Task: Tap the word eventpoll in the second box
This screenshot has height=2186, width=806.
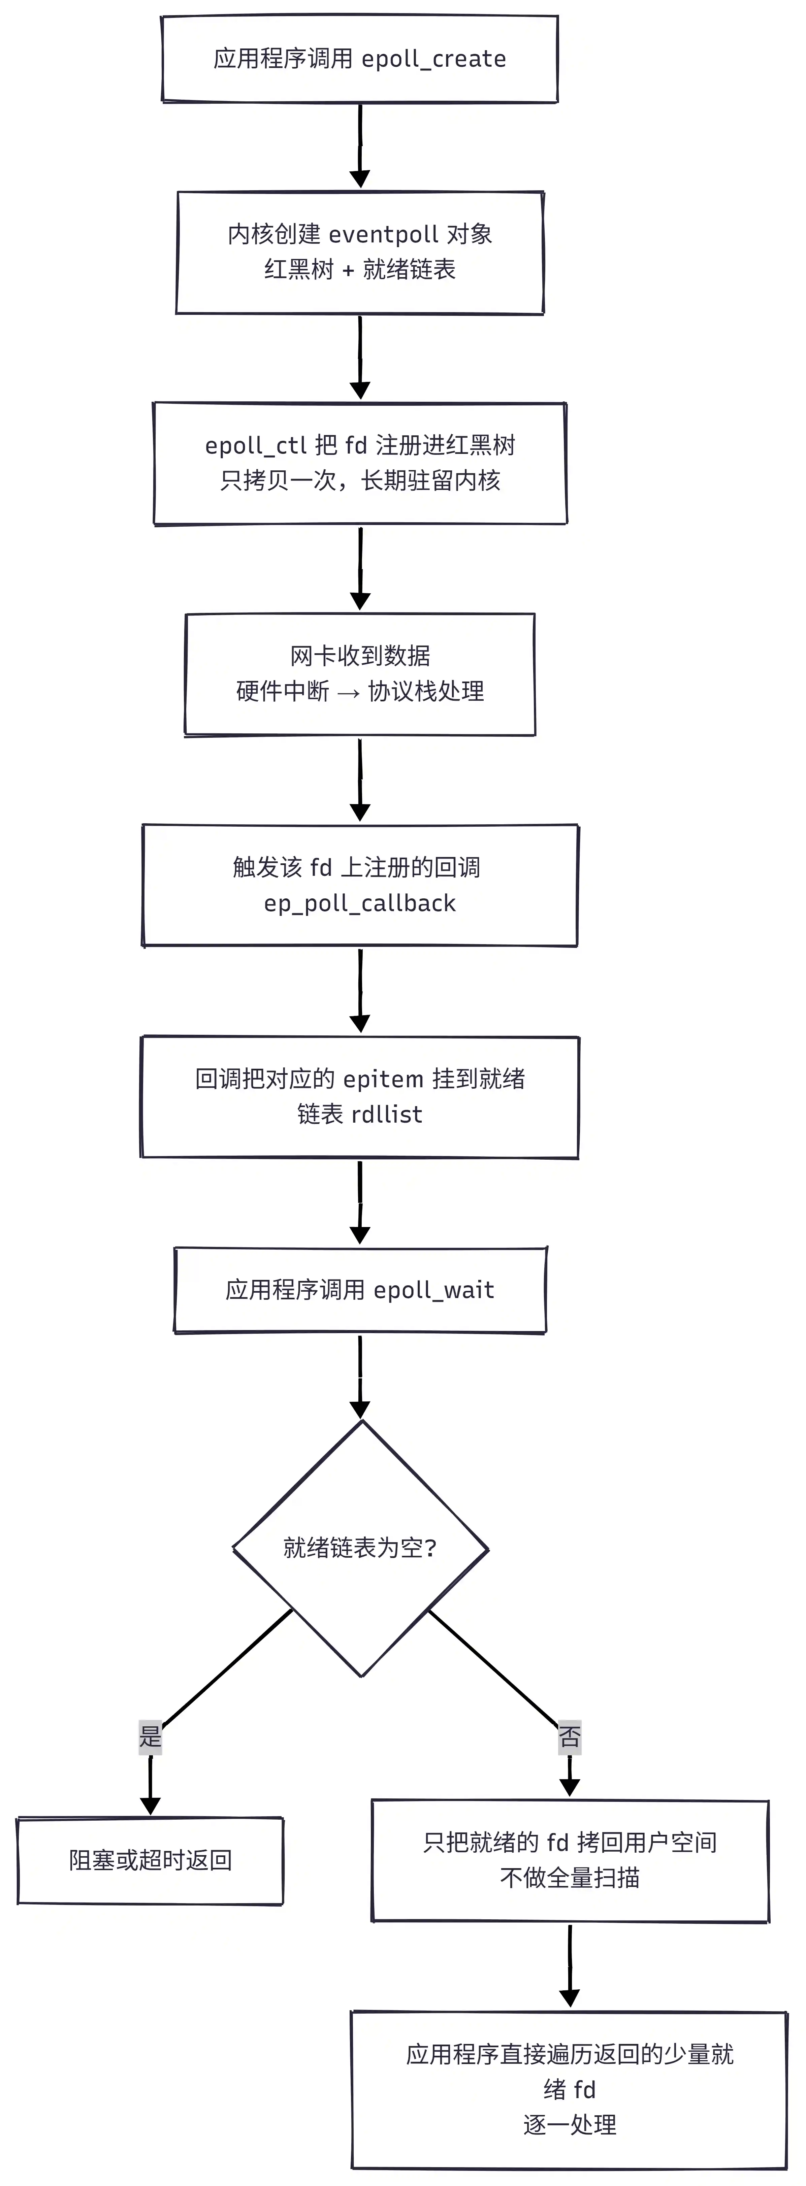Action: [384, 234]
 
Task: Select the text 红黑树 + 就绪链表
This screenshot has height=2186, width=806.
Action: [360, 270]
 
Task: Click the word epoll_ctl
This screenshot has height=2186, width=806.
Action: [255, 445]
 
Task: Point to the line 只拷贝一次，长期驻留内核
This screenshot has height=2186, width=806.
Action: [360, 481]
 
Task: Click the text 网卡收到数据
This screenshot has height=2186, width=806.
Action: [360, 656]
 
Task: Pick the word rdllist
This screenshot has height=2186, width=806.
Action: [387, 1114]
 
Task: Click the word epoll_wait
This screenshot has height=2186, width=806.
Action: [433, 1291]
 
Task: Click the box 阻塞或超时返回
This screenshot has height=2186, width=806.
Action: [150, 1861]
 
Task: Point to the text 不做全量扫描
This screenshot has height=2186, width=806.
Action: [569, 1878]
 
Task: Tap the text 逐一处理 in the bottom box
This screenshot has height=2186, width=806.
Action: [569, 2125]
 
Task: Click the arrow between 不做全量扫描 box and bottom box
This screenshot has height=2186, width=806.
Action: [569, 1966]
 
